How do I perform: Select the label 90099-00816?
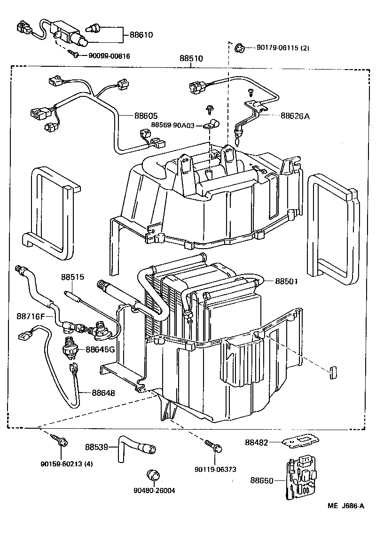click(109, 56)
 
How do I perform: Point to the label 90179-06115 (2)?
click(283, 48)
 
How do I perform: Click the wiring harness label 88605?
click(146, 116)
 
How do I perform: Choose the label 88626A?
click(295, 116)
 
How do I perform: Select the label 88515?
click(72, 277)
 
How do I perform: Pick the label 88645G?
click(100, 349)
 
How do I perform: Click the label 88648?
click(103, 392)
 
